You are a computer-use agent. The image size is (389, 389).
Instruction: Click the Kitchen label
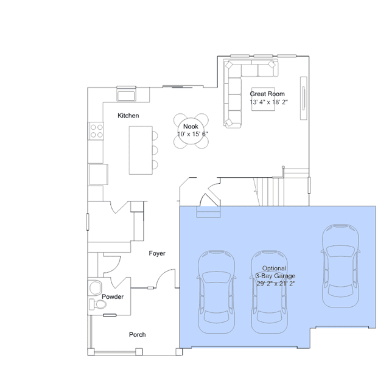click(128, 116)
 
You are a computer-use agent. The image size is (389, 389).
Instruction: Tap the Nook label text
click(191, 127)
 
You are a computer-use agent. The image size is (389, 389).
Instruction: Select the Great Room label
click(267, 94)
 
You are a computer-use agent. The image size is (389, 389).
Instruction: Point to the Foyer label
click(157, 253)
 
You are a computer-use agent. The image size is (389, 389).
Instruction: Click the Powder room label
click(113, 296)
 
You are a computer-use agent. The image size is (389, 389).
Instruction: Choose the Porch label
click(137, 335)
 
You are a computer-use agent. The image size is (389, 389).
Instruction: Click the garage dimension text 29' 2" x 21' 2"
click(276, 284)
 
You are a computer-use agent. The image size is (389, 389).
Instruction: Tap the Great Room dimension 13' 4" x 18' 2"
click(268, 102)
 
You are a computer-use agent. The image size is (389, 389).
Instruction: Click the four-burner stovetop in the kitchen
click(97, 131)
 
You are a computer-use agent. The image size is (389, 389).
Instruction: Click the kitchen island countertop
click(141, 150)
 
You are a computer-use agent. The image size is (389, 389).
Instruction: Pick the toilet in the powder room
click(98, 304)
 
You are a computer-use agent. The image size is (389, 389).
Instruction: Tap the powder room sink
click(95, 288)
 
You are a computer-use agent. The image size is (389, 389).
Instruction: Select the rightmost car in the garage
click(341, 265)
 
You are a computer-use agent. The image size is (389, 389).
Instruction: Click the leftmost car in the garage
click(216, 292)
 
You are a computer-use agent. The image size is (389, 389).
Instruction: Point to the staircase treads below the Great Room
click(270, 192)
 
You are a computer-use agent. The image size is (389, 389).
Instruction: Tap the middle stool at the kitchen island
click(155, 150)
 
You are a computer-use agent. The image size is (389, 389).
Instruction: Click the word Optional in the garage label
click(274, 268)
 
